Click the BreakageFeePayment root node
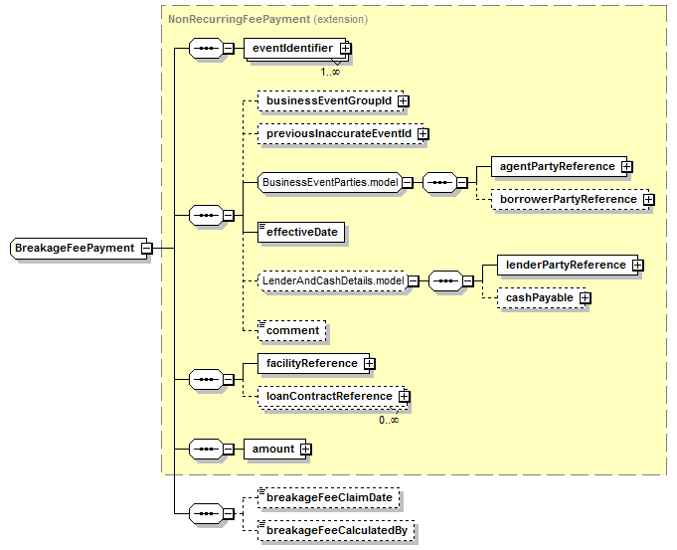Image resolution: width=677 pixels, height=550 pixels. tap(79, 248)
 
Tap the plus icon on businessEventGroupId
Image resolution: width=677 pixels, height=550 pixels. tap(404, 101)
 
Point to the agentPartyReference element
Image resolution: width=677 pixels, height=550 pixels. tap(559, 167)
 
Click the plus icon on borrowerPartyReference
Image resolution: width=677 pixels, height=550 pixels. tap(648, 200)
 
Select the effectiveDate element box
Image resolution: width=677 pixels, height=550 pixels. tap(301, 233)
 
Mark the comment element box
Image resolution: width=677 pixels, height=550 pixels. tap(292, 331)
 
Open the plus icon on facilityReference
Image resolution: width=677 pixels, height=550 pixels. tap(369, 364)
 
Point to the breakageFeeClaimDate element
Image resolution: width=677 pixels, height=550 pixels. tap(329, 497)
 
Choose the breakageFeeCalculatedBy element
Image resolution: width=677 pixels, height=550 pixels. tap(336, 530)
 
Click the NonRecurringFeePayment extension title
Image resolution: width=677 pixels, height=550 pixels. tap(267, 20)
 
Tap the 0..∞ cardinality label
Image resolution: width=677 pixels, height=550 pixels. tap(389, 420)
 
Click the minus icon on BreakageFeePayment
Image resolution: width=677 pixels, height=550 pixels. tap(147, 248)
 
